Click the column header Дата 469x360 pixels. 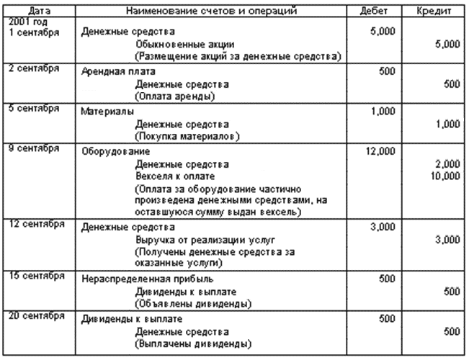39,11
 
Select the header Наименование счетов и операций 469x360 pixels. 211,11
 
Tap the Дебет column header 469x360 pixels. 374,11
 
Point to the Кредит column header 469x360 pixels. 434,11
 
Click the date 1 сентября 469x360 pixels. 34,32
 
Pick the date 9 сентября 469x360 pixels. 34,148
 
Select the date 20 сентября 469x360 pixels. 37,315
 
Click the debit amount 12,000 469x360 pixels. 380,151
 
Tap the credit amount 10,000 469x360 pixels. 445,176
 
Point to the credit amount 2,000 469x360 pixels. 448,164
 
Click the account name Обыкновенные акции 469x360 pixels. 185,44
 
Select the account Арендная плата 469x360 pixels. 118,71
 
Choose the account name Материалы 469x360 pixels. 107,112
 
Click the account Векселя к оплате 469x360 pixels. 175,176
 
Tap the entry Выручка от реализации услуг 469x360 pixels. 205,240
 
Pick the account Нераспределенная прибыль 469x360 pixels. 148,279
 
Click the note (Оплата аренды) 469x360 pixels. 175,96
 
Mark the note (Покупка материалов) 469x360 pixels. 187,136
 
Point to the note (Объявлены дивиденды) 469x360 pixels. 193,304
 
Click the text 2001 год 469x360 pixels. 28,22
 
